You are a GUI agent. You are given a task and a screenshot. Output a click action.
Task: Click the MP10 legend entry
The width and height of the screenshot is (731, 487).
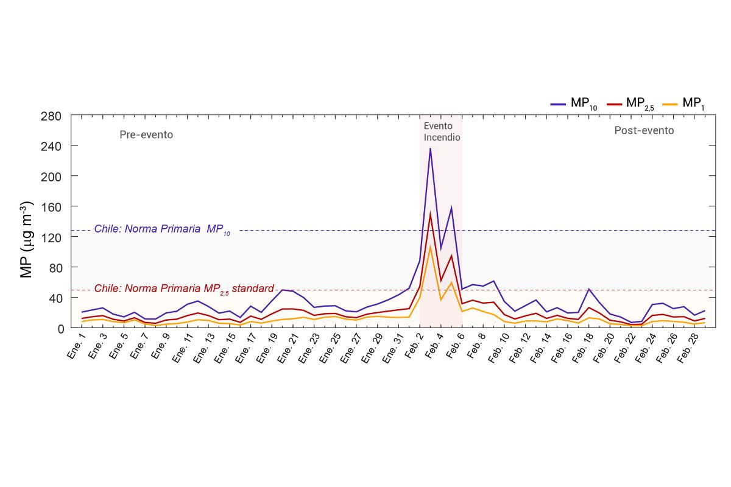(x=574, y=103)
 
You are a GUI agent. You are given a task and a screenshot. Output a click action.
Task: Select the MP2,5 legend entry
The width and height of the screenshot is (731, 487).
(x=630, y=103)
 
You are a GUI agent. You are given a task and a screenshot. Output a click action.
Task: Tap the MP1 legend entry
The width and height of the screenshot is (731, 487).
(x=683, y=103)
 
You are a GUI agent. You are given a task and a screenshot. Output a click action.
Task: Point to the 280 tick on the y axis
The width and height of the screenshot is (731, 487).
(x=51, y=116)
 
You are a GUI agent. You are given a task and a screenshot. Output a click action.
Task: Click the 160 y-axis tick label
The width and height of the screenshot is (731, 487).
(x=51, y=206)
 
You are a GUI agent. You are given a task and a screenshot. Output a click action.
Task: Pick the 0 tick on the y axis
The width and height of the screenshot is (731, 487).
(x=59, y=328)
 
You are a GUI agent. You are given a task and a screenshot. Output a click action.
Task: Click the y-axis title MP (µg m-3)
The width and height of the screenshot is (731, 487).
(x=27, y=240)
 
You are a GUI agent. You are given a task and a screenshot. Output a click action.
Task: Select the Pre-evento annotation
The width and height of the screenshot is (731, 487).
(x=146, y=135)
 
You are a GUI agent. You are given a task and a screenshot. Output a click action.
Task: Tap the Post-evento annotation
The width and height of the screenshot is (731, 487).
(x=644, y=130)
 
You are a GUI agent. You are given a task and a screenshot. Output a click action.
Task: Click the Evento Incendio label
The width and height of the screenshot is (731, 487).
(x=442, y=131)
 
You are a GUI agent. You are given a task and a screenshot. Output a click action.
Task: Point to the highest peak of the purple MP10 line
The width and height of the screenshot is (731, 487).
(x=430, y=148)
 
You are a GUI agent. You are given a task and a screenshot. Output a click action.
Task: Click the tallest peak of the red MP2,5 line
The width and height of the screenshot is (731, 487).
(x=430, y=214)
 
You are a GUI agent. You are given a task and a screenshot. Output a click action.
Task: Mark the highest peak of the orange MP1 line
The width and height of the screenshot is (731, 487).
(x=430, y=246)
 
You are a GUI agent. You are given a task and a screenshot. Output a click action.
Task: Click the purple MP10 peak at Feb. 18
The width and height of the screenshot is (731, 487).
(x=588, y=289)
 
